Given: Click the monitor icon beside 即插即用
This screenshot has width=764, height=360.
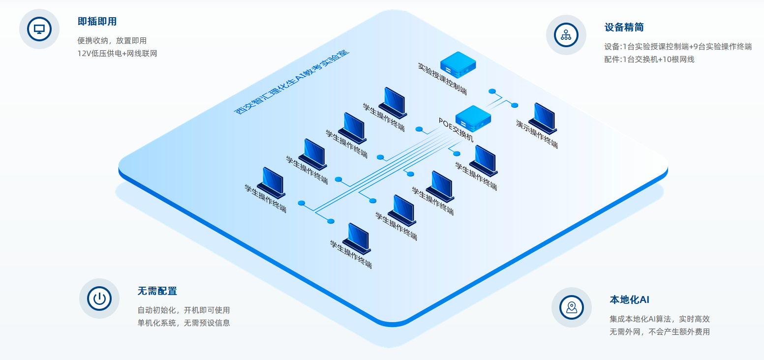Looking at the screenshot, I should click(x=39, y=29).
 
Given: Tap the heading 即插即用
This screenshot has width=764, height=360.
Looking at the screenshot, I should click(x=97, y=22).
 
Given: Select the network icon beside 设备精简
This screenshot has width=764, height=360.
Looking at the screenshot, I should click(x=566, y=35).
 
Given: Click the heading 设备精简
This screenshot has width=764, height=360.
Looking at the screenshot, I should click(x=624, y=28).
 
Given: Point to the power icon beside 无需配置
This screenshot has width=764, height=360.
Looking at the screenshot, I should click(x=99, y=299).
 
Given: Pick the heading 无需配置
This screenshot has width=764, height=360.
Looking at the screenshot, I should click(x=157, y=291).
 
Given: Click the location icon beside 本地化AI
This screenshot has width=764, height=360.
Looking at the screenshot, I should click(x=571, y=307).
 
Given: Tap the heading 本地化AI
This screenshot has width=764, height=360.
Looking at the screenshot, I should click(x=629, y=300).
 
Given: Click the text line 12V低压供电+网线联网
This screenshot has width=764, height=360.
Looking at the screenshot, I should click(x=117, y=53).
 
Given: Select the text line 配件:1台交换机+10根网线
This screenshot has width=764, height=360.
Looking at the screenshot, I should click(x=649, y=60).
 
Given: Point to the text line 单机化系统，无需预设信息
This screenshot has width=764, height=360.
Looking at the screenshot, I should click(x=183, y=323).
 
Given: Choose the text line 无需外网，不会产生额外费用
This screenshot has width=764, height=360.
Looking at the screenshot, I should click(x=659, y=332).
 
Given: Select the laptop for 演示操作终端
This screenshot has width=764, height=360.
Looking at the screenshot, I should click(x=542, y=119).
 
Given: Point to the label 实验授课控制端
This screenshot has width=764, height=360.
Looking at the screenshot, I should click(x=442, y=78).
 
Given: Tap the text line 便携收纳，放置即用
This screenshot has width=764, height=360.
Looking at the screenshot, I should click(x=112, y=41).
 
